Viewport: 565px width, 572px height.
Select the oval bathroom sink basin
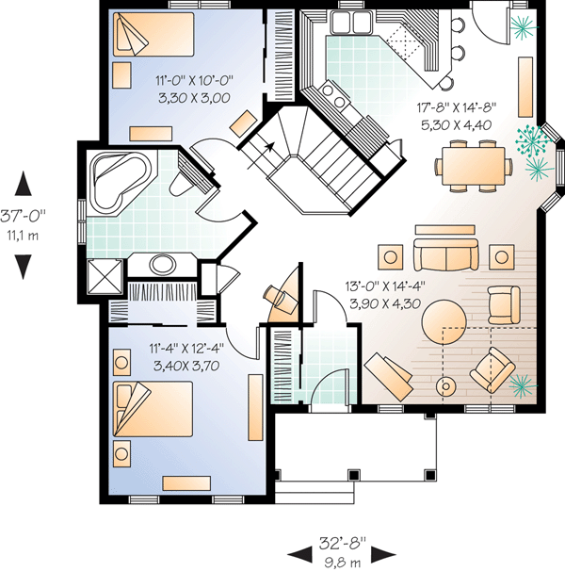162,265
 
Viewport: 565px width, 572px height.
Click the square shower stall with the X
105,276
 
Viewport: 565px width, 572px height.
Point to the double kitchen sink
351,22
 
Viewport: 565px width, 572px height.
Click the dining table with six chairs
474,166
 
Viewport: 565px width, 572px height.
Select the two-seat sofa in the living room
445,254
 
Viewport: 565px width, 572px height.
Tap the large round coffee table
444,321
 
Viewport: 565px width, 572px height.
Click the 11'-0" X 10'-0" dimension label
194,80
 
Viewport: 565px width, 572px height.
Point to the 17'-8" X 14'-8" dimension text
457,107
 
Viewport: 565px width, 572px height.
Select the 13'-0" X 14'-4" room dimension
385,286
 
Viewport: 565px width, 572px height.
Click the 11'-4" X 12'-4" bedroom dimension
186,349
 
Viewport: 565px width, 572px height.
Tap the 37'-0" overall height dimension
23,216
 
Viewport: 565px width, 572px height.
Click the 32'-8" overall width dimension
342,543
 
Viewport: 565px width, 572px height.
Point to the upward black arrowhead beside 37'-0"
23,183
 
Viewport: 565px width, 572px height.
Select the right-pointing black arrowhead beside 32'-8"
383,555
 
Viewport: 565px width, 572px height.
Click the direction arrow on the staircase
261,155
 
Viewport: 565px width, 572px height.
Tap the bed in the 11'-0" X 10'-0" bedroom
153,34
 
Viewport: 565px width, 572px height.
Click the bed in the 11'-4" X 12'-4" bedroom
153,409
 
